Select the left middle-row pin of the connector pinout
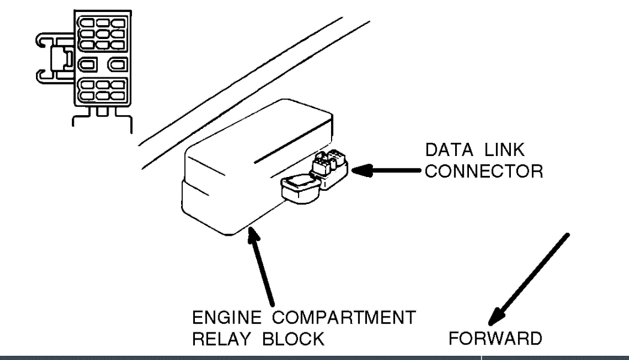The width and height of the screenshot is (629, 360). (x=88, y=63)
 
